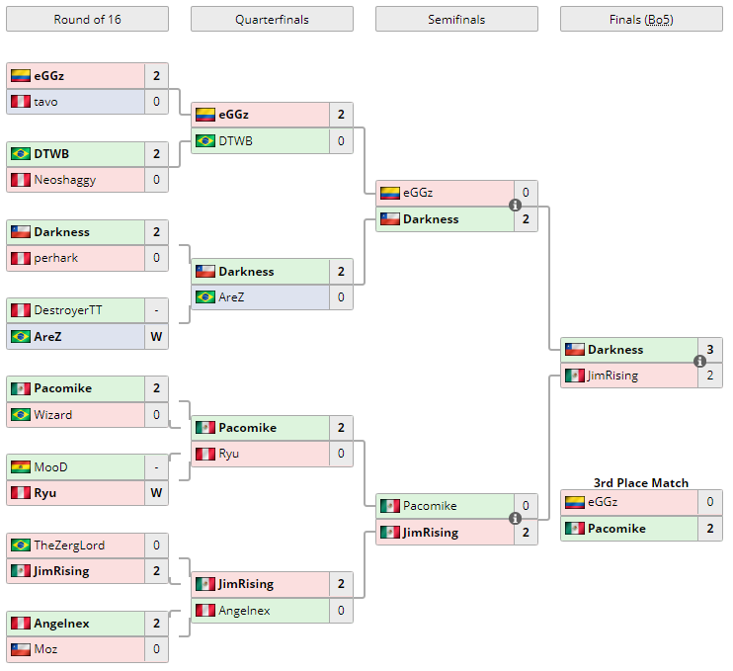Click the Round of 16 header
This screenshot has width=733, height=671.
(x=87, y=20)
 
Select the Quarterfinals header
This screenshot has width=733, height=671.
(x=272, y=20)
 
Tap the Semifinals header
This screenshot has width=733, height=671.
(x=456, y=20)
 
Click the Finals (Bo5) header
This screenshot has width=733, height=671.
(x=641, y=20)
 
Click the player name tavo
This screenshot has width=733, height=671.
(x=45, y=102)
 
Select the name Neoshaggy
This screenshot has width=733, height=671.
(x=65, y=180)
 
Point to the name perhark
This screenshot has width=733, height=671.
(x=55, y=258)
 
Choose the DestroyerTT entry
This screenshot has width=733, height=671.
(x=67, y=310)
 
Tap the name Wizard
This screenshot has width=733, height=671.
(x=52, y=415)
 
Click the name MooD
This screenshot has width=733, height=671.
(x=50, y=466)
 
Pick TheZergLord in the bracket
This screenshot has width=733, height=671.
(x=69, y=545)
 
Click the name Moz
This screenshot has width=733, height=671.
(x=45, y=649)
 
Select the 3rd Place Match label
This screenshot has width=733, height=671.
(x=641, y=482)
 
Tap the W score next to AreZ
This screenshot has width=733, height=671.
(x=156, y=336)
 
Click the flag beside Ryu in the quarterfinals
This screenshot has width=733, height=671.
(x=204, y=455)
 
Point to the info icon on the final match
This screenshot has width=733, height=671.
(x=699, y=362)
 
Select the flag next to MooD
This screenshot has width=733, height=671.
(x=20, y=466)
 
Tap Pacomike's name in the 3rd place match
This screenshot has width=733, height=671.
(x=616, y=529)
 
